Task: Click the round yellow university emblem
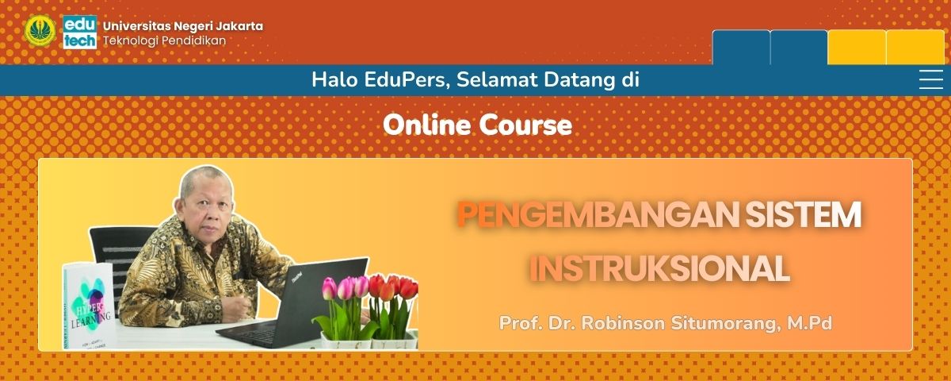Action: (40, 31)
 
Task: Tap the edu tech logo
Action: (79, 31)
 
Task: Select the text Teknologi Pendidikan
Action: (164, 40)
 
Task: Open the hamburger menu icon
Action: (930, 80)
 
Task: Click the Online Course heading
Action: (477, 125)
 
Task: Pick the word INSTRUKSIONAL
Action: (659, 269)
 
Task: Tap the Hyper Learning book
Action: (87, 306)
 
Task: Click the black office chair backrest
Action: (115, 254)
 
